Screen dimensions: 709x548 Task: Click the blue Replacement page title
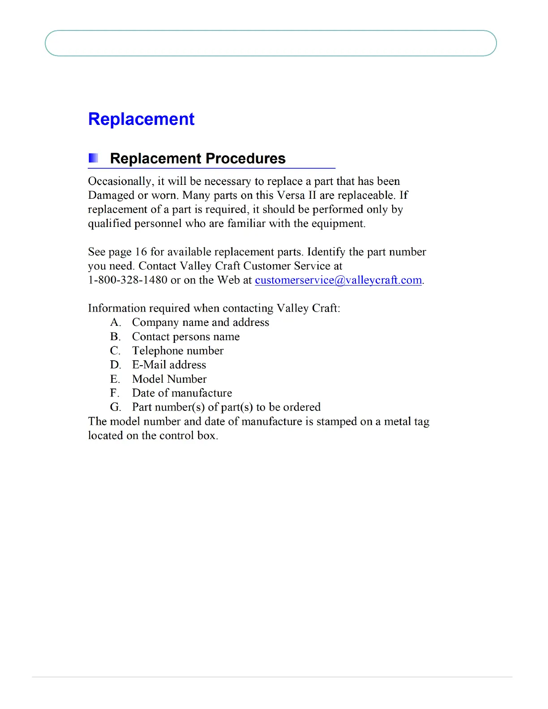(141, 119)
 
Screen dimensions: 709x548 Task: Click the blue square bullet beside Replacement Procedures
(93, 158)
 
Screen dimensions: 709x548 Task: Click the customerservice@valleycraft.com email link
(338, 280)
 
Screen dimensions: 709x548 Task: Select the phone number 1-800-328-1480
(128, 280)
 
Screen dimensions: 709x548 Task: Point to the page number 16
(141, 252)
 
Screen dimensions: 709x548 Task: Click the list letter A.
(115, 323)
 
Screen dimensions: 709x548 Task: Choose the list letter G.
(116, 407)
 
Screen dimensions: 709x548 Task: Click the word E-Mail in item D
(149, 365)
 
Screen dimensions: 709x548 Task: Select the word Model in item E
(148, 379)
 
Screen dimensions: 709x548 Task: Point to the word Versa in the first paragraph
(291, 196)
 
